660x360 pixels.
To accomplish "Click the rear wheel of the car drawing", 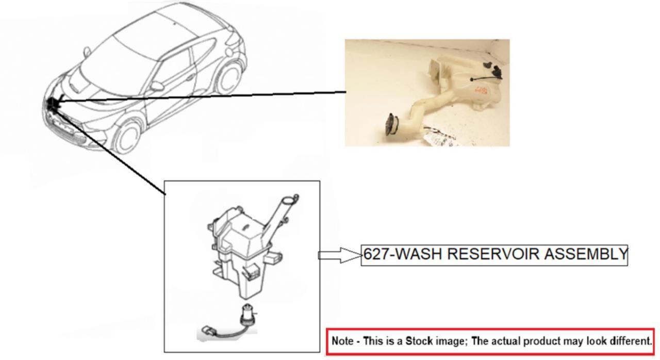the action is click(228, 77).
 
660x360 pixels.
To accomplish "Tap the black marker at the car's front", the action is click(54, 103).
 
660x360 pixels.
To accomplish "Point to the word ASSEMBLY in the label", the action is click(585, 254).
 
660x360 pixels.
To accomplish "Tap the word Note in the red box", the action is click(342, 341).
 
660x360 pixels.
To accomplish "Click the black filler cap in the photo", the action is click(391, 125).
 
